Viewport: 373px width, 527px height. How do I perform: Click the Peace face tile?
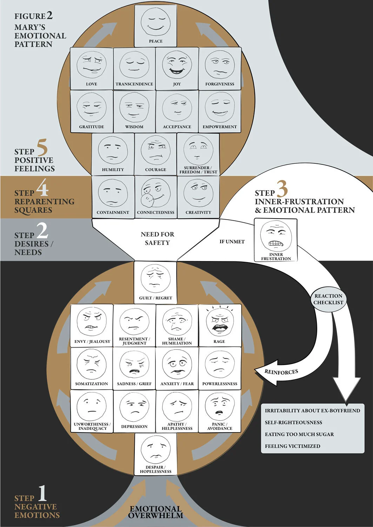tap(155, 25)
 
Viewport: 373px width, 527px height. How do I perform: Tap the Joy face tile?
tap(177, 69)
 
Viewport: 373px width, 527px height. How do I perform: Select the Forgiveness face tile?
tap(220, 69)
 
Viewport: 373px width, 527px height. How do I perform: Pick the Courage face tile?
tap(155, 154)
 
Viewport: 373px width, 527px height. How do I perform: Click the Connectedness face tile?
tap(155, 197)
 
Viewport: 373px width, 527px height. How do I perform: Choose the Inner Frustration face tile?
tap(276, 240)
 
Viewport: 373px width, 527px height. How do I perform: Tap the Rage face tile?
tap(220, 325)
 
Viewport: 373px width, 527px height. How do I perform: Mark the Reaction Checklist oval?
tap(328, 299)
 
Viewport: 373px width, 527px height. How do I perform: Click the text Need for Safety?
tap(157, 239)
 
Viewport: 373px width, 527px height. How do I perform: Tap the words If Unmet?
tap(232, 242)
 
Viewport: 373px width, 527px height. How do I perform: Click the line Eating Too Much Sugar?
tap(299, 434)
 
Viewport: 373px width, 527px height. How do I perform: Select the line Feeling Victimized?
tap(292, 446)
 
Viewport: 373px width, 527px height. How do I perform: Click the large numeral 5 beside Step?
tap(42, 148)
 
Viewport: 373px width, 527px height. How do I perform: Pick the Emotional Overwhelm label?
tap(155, 512)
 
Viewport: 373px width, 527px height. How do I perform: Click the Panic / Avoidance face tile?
tap(220, 411)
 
